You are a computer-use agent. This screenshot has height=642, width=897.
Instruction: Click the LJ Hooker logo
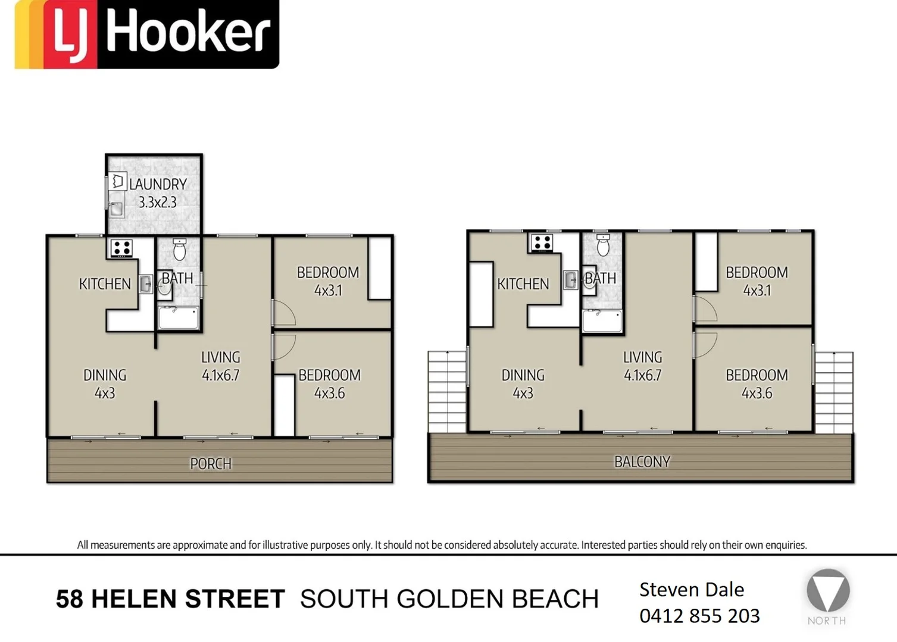coord(146,34)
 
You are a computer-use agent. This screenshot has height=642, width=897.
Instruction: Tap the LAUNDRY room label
coord(158,184)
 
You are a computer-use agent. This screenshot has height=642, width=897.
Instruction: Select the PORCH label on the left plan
coord(211,464)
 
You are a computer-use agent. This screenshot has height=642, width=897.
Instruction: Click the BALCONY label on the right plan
coord(642,462)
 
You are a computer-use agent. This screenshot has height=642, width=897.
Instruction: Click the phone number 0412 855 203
coord(699,616)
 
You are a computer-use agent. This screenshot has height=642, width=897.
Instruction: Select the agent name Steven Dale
coord(691,590)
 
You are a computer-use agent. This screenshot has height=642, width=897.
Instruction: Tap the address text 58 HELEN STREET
coord(170,599)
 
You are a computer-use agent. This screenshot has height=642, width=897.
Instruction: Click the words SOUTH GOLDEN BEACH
coord(449,599)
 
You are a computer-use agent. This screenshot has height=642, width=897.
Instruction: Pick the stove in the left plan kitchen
coord(121,248)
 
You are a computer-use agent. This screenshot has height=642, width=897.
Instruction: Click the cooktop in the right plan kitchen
coord(542,243)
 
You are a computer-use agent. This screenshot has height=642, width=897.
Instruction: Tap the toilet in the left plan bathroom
coord(179,250)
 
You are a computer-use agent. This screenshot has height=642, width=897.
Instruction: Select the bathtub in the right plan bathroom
coord(602,321)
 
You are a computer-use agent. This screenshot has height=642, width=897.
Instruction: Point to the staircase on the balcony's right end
coord(833,392)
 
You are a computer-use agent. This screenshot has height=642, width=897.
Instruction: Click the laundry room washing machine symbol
coord(118,181)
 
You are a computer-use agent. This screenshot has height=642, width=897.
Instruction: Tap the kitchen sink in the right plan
coord(570,279)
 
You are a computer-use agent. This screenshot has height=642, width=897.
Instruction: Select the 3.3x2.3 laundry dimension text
coord(158,203)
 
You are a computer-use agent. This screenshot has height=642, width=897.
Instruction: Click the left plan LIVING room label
coord(220,357)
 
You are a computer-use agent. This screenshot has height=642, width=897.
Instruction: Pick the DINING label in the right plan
coord(523,375)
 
